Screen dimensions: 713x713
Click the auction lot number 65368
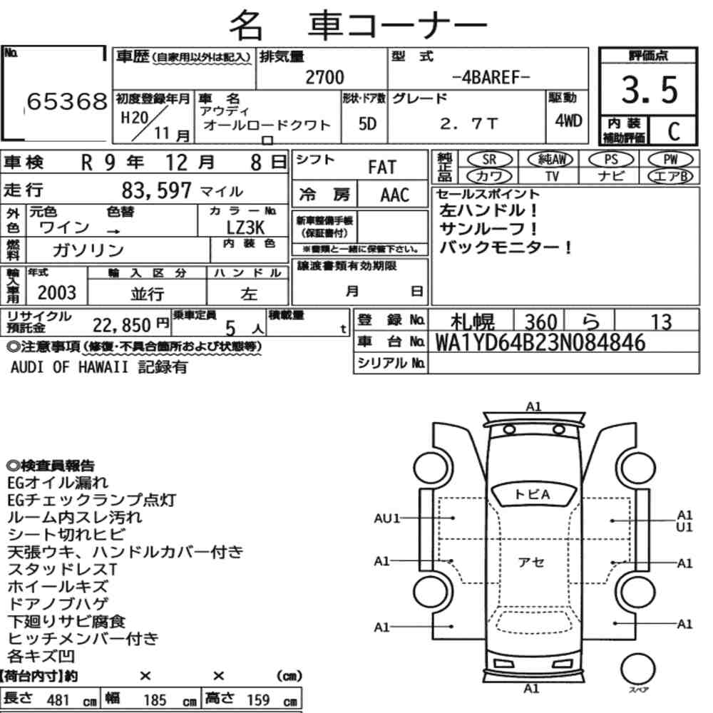pyautogui.click(x=67, y=101)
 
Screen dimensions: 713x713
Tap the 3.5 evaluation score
pyautogui.click(x=650, y=90)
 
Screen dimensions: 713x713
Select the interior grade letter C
pyautogui.click(x=674, y=131)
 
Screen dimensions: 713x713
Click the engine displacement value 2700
pyautogui.click(x=324, y=77)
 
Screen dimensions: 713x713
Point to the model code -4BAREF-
pyautogui.click(x=491, y=77)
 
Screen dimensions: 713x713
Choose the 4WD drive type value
pyautogui.click(x=568, y=120)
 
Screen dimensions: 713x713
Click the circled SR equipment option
pyautogui.click(x=490, y=160)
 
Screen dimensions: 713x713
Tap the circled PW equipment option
pyautogui.click(x=671, y=160)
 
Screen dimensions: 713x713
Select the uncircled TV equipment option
pyautogui.click(x=552, y=176)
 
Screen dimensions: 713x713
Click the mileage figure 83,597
pyautogui.click(x=156, y=190)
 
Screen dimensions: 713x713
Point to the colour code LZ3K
pyautogui.click(x=245, y=227)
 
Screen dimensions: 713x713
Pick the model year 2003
pyautogui.click(x=57, y=293)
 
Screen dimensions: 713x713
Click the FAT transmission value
pyautogui.click(x=382, y=168)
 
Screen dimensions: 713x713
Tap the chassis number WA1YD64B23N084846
pyautogui.click(x=540, y=342)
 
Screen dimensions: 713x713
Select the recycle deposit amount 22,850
pyautogui.click(x=122, y=325)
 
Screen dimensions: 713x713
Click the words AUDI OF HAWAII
pyautogui.click(x=69, y=367)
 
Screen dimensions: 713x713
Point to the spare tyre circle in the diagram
pyautogui.click(x=638, y=670)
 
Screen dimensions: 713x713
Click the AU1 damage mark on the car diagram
pyautogui.click(x=387, y=518)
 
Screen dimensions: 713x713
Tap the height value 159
pyautogui.click(x=258, y=700)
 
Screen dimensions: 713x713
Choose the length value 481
pyautogui.click(x=58, y=700)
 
